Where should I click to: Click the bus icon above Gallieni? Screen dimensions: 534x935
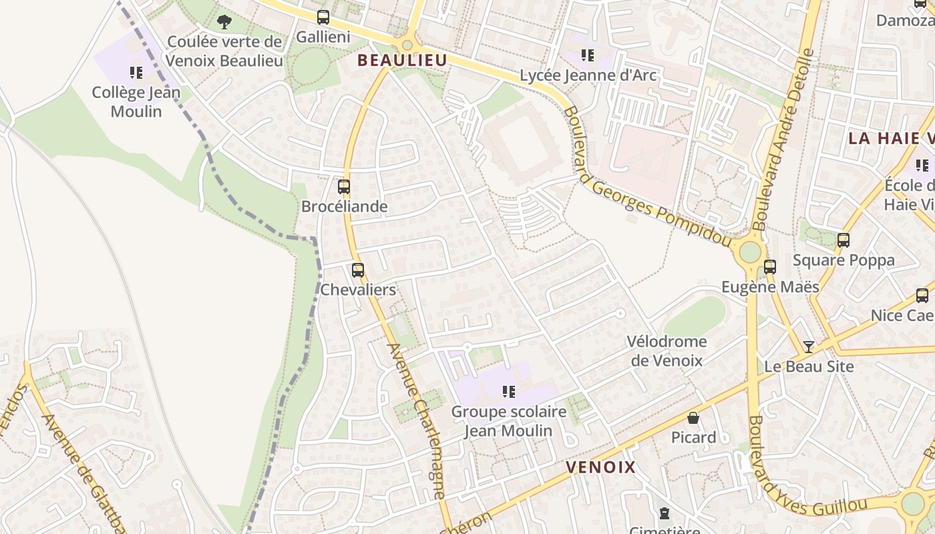pos(323,17)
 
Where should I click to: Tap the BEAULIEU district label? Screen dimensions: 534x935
pos(402,60)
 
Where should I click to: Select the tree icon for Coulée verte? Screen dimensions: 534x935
pos(224,22)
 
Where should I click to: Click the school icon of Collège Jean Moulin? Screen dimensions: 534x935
pos(136,72)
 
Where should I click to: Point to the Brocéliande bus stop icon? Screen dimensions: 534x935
pos(344,187)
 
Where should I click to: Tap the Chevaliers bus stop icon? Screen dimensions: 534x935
pos(358,270)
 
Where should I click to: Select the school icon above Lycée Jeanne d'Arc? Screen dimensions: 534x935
pos(588,55)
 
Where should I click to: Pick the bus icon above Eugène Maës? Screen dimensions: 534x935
pos(770,267)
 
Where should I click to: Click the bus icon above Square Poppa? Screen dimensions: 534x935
pos(844,240)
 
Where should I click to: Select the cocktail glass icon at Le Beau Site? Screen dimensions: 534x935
pos(809,346)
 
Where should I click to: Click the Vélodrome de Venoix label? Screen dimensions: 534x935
pos(666,351)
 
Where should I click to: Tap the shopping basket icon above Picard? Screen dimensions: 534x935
pos(693,419)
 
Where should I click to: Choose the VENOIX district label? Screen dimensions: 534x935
pos(601,467)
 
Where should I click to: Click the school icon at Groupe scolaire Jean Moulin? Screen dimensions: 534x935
pos(509,392)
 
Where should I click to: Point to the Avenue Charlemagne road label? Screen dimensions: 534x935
pos(416,421)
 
